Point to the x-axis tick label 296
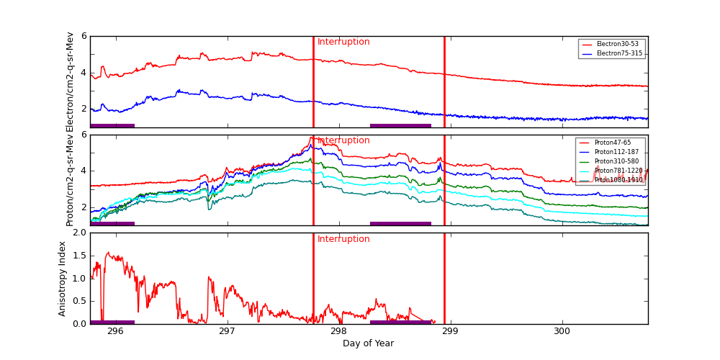tap(115, 332)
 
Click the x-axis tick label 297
tap(227, 332)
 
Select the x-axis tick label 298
tap(338, 332)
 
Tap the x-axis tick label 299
tap(450, 332)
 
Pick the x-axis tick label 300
tap(562, 332)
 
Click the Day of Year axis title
tap(368, 344)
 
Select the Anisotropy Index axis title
tap(63, 279)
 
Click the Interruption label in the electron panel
tap(343, 42)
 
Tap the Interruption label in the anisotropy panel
tap(343, 240)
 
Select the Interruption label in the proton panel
tap(343, 141)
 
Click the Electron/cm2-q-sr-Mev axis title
tap(70, 82)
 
